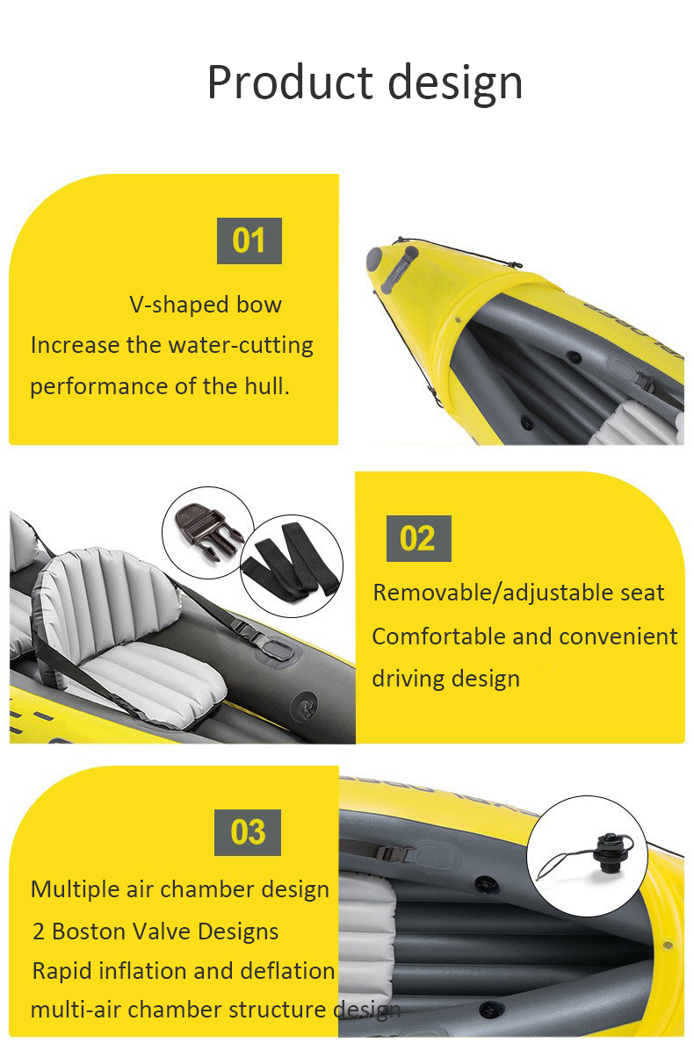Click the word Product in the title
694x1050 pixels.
[x=290, y=83]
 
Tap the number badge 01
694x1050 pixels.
[x=249, y=241]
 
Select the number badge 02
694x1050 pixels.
[x=418, y=538]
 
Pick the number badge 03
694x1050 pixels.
[x=248, y=832]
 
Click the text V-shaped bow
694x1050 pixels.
[x=206, y=306]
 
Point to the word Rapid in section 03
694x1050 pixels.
[x=61, y=972]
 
